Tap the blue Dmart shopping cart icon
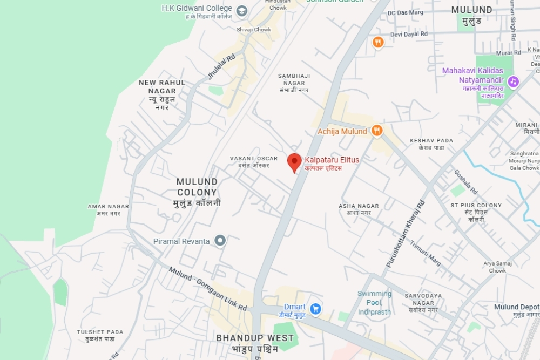point(316,309)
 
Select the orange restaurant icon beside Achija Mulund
point(377,131)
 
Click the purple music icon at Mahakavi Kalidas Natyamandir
point(513,81)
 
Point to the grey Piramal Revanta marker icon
point(220,241)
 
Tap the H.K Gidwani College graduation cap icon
point(242,10)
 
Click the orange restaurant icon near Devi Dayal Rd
point(378,42)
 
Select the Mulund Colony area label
point(197,192)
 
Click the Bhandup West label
point(255,343)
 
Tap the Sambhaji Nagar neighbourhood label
point(295,83)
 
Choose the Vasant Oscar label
point(254,162)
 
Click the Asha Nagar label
point(359,209)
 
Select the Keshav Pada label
point(431,144)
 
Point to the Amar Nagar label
point(109,210)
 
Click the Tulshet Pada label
point(100,335)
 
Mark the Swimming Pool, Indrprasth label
point(374,303)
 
